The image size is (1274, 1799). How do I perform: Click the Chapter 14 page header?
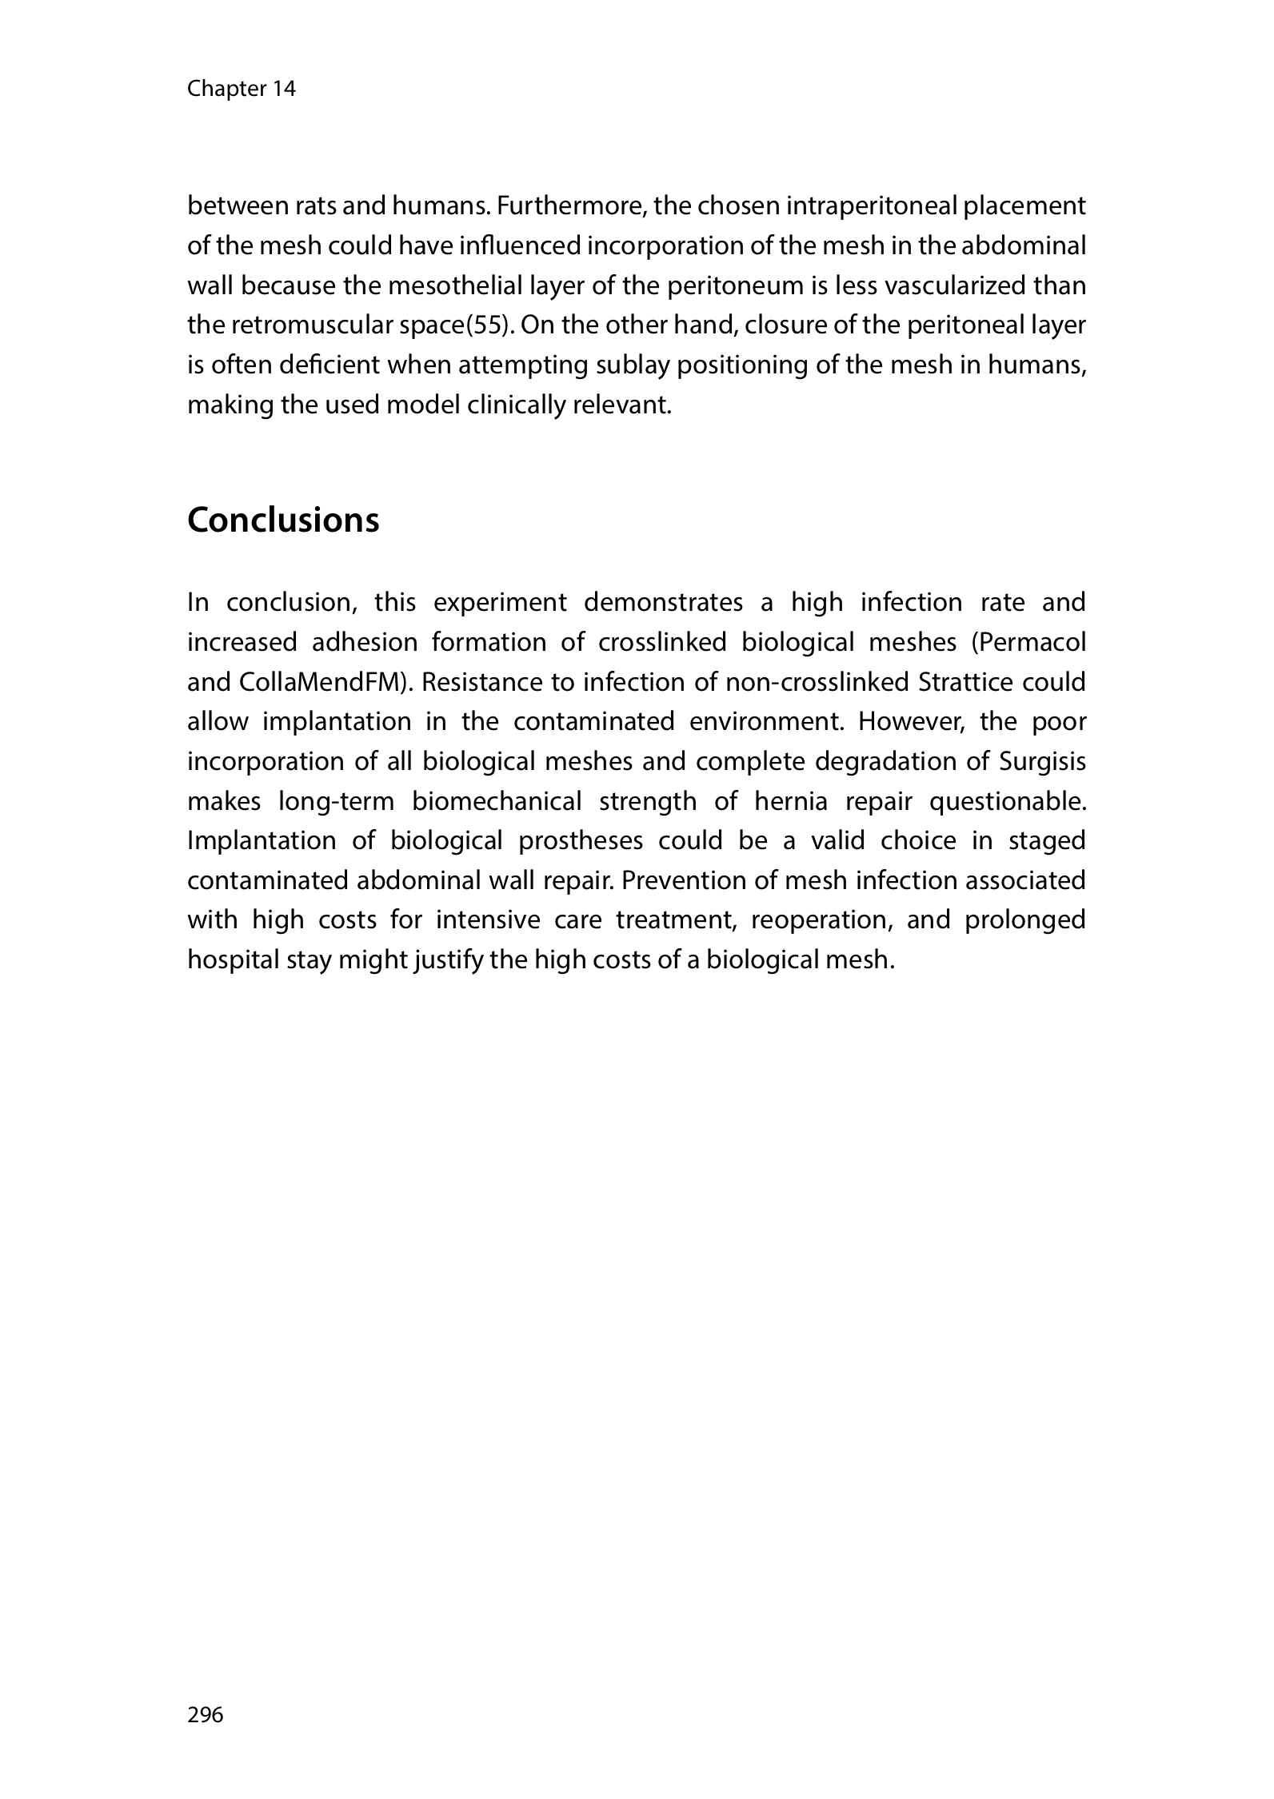pos(241,89)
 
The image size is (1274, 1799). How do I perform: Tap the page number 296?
pos(206,1714)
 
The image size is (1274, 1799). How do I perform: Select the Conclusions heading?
pos(283,521)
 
